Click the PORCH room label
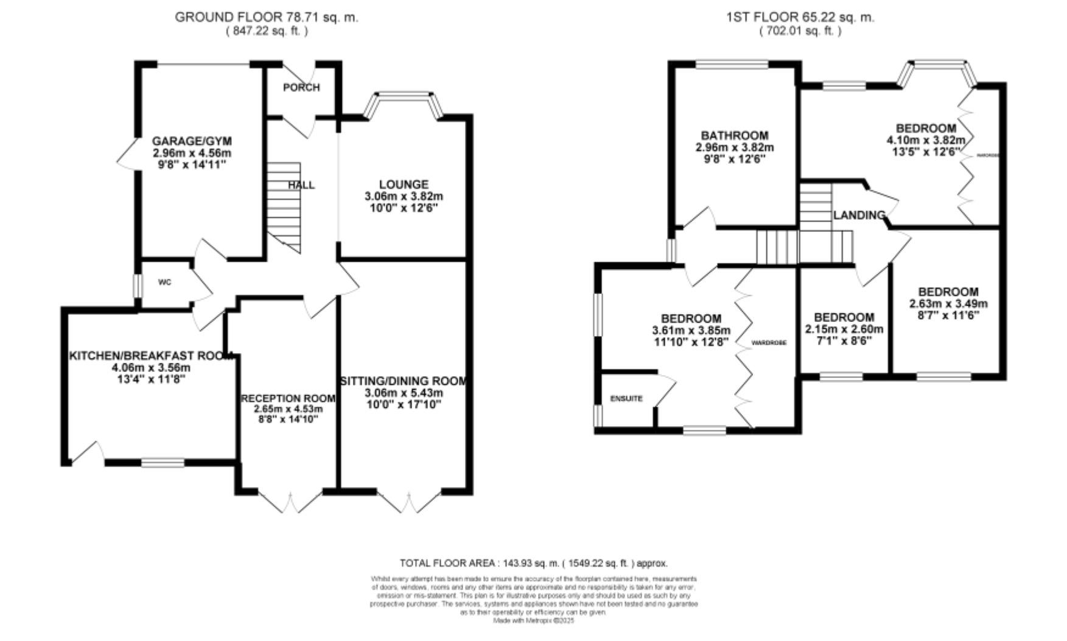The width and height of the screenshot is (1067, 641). point(301,88)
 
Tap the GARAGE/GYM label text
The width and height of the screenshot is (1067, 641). point(192,142)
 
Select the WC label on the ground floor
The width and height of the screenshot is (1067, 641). point(164,282)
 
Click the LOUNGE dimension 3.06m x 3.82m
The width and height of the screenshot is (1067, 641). point(404,197)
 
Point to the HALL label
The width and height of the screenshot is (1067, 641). point(301,185)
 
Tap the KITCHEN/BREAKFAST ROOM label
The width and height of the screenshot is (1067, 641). point(151,356)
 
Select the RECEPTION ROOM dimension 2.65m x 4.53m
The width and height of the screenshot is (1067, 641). point(289,409)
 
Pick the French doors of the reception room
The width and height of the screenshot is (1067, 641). point(291,502)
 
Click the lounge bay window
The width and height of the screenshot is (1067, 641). point(404,96)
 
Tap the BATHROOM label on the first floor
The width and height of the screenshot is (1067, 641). point(734,135)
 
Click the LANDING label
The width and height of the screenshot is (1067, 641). point(859,215)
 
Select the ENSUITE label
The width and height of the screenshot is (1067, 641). point(626,399)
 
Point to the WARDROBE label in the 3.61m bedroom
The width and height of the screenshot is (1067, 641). point(769,343)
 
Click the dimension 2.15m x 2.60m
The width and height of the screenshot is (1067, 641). point(844,329)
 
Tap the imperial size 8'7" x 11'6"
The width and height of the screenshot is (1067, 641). point(948,315)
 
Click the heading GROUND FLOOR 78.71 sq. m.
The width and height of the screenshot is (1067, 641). point(266,17)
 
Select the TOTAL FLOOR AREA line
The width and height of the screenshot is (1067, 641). point(533,563)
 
